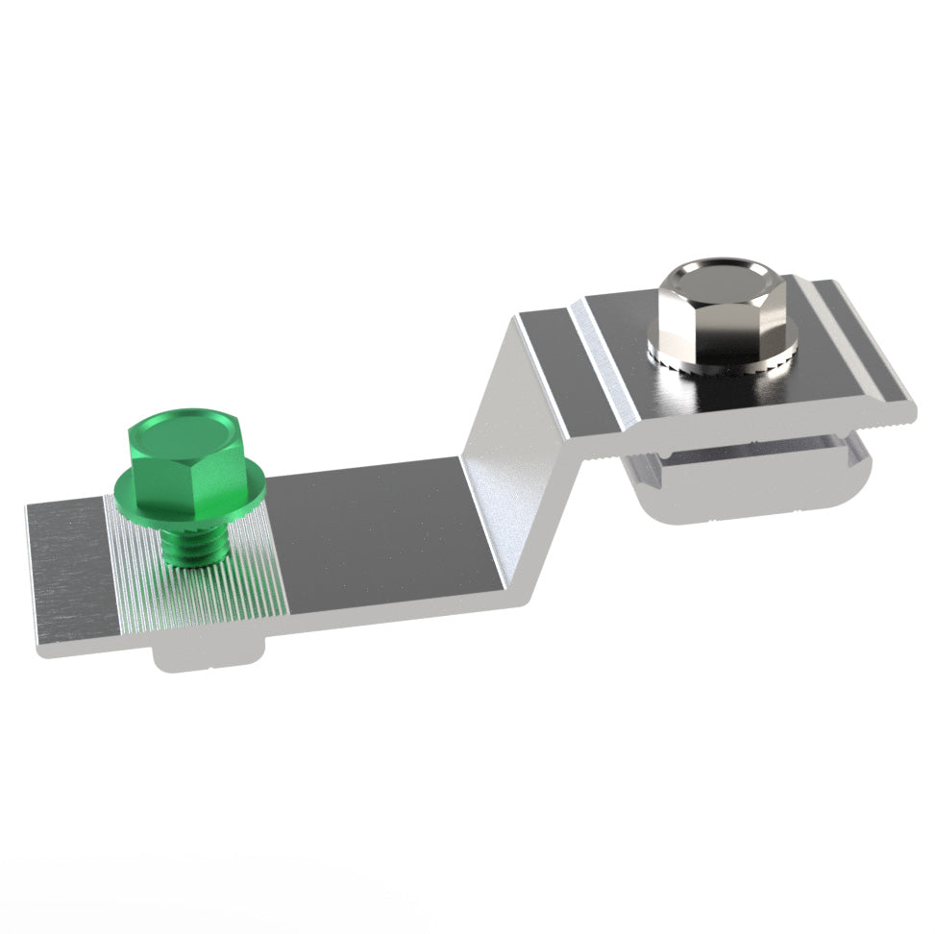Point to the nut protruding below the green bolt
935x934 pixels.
tap(207, 657)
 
